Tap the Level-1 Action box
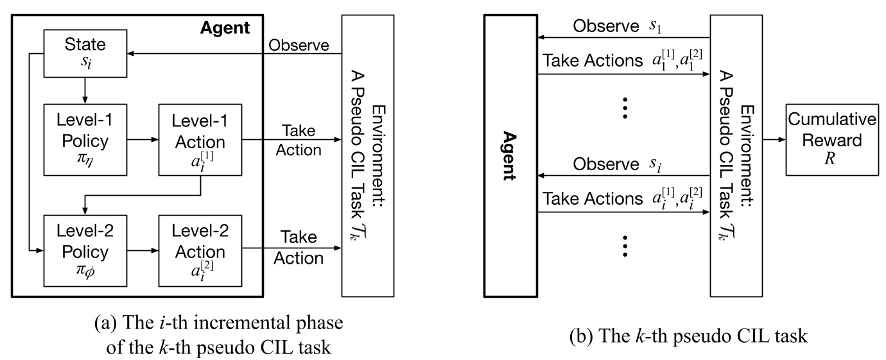(201, 139)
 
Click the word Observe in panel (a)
(299, 45)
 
